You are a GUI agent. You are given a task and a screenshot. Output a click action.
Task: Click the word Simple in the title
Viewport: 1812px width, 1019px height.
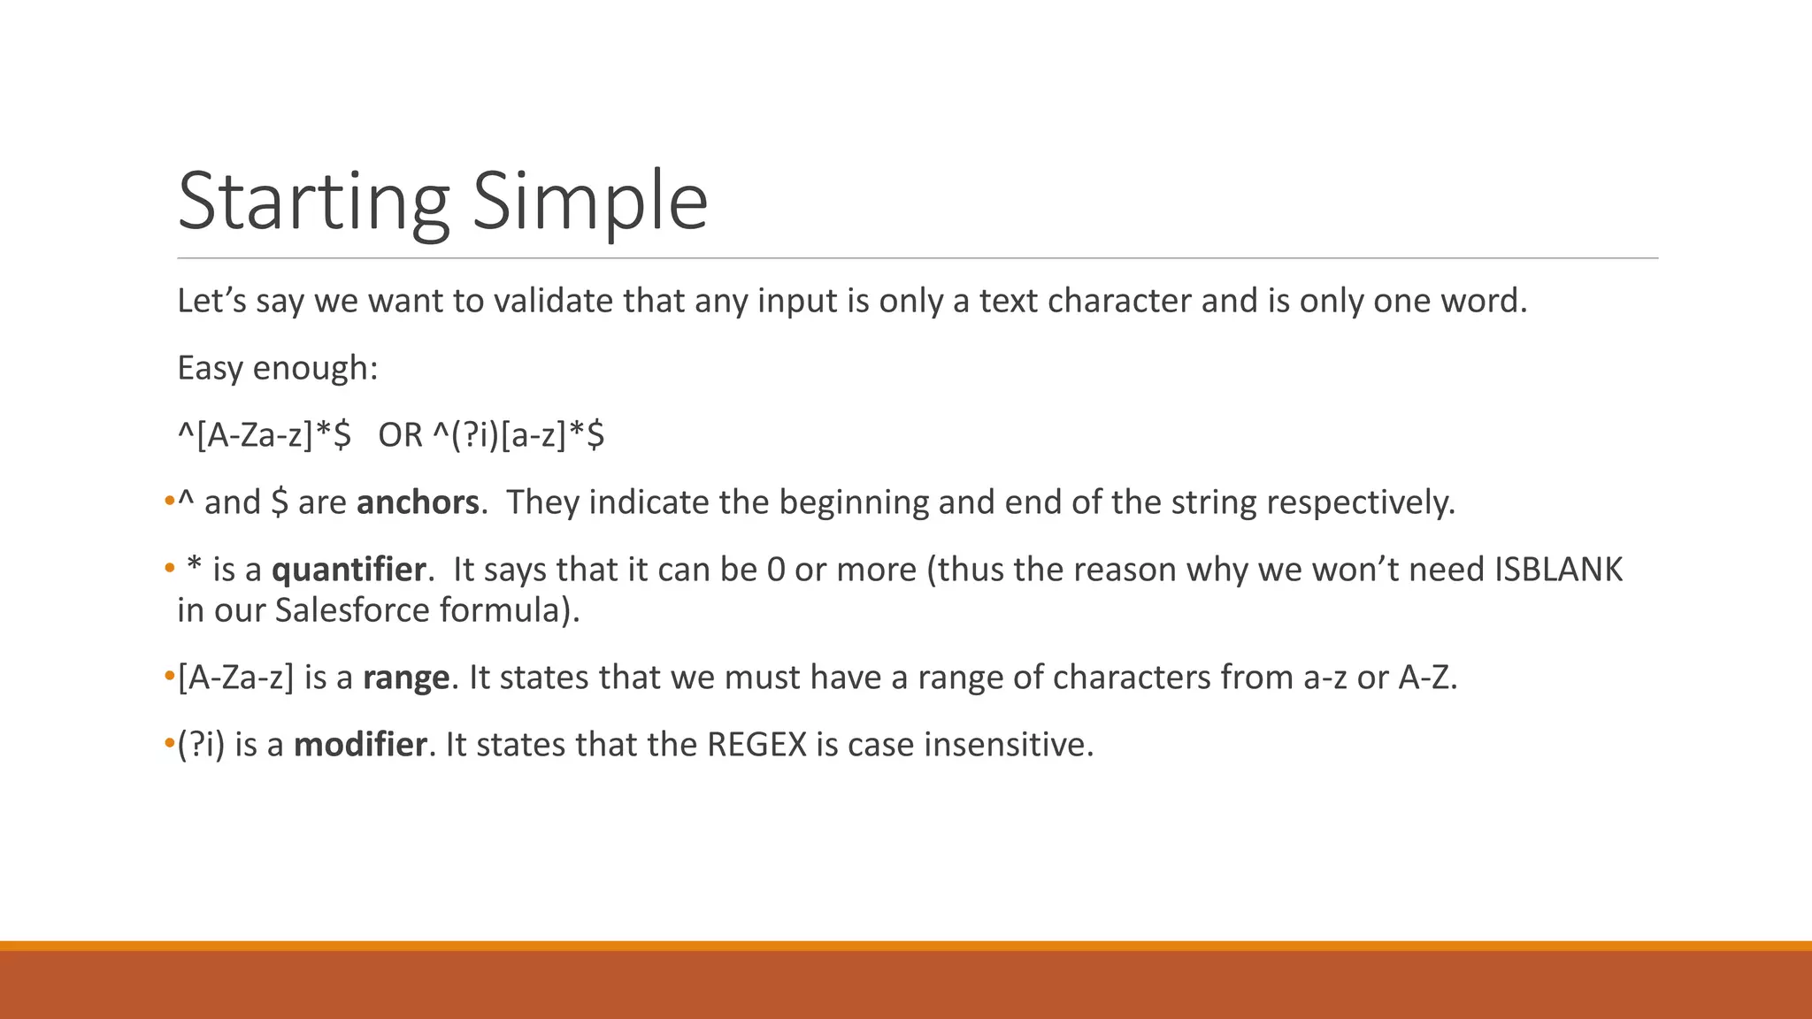589,202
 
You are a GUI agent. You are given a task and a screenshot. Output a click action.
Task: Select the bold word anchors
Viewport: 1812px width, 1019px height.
418,502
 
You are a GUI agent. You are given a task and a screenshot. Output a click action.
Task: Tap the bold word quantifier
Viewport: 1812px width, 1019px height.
349,570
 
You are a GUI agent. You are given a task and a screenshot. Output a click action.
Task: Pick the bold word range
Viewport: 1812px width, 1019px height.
406,678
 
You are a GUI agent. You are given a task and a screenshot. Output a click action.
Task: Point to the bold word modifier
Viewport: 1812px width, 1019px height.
360,745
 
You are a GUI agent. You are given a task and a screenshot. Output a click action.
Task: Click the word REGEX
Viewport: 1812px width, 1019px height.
757,745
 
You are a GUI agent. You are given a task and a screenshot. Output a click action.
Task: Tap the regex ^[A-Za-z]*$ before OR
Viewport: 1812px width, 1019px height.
264,435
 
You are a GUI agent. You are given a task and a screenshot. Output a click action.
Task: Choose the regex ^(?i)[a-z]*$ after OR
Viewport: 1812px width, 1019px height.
518,435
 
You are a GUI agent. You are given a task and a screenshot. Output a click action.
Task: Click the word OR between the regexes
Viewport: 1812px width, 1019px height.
400,435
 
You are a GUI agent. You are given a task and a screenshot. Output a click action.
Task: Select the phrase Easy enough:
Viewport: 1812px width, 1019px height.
278,368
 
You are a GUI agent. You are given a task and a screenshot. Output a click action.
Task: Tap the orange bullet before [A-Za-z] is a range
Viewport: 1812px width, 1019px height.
169,678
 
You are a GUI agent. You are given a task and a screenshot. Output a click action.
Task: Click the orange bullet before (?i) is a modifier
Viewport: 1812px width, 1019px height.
169,745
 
